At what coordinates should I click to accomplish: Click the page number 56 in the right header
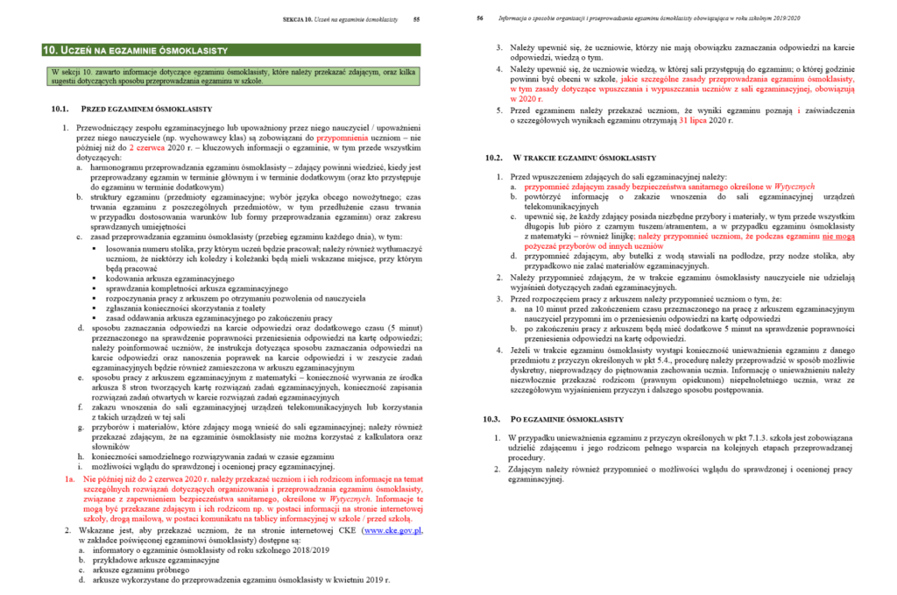point(480,18)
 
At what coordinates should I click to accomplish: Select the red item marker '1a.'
point(69,481)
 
